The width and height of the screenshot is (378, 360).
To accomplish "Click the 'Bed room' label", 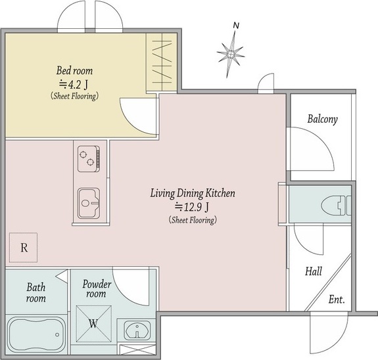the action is tap(74, 70).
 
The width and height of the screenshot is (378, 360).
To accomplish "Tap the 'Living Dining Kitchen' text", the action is tap(193, 193).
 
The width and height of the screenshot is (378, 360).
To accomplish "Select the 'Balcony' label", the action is tap(322, 120).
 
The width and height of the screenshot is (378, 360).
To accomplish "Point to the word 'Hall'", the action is tap(314, 271).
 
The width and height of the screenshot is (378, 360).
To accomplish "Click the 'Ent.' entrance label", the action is tap(337, 300).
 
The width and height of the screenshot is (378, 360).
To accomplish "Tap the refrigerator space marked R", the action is tap(24, 248).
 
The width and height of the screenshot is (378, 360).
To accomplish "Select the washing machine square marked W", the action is tap(94, 324).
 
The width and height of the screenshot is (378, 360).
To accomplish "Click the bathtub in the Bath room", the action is tap(36, 334).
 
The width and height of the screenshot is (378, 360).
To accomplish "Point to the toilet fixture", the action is tap(337, 206).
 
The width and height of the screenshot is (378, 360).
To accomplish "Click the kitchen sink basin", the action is tap(89, 203).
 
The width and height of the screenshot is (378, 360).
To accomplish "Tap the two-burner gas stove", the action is tap(89, 159).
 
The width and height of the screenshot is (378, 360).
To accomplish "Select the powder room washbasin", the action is tap(137, 330).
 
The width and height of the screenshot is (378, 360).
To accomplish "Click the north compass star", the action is tap(231, 55).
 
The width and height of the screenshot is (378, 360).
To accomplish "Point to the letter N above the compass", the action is tap(237, 26).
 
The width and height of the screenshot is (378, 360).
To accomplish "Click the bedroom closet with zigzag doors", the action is tap(162, 62).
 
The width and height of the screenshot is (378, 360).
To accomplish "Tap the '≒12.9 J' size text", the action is tap(192, 207).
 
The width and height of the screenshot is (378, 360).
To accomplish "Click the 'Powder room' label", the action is tap(97, 288).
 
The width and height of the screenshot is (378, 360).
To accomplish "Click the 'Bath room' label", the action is tap(36, 293).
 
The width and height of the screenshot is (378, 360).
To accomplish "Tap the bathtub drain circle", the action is tap(57, 334).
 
